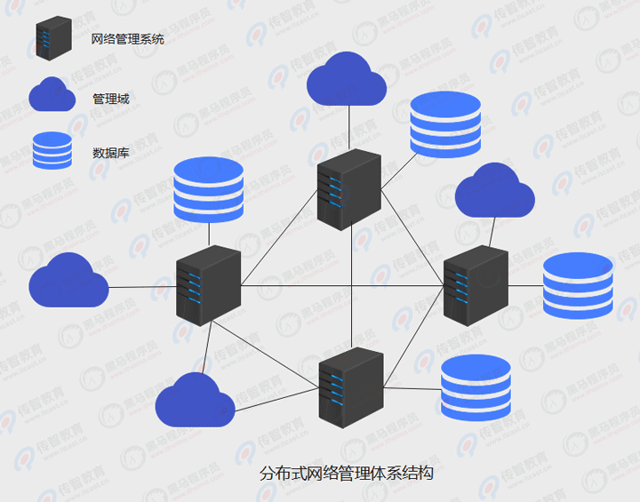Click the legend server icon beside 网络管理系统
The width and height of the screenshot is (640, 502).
tap(53, 38)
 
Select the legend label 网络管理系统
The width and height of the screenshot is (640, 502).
tap(128, 39)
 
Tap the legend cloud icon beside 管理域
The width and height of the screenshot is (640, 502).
tap(52, 95)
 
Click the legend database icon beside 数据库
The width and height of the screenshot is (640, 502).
tap(52, 150)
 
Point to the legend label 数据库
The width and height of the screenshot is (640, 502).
tap(111, 152)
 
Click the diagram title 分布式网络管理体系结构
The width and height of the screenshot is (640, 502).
tap(347, 473)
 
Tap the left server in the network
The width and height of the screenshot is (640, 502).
tap(209, 285)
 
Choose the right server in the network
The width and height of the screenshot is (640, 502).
tap(476, 284)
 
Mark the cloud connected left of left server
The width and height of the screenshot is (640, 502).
tap(68, 282)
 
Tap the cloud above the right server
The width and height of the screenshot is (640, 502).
tap(494, 191)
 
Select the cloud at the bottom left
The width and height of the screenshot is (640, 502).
tap(195, 401)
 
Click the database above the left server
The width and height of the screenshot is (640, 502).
tap(208, 189)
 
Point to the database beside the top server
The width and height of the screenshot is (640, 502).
tap(445, 124)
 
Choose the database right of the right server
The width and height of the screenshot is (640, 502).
tap(578, 285)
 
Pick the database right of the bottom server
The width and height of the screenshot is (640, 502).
tap(476, 386)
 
